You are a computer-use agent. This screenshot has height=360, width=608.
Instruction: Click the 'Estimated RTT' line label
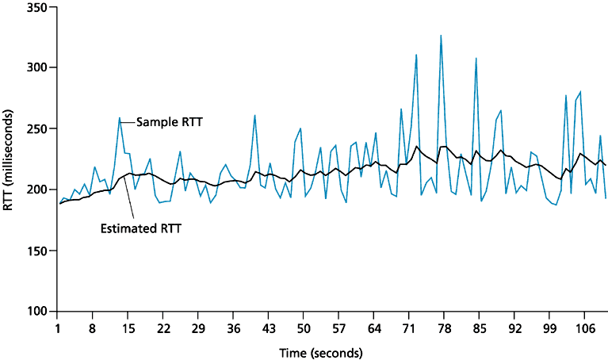tap(139, 230)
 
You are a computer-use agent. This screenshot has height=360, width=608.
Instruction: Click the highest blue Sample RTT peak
tap(441, 36)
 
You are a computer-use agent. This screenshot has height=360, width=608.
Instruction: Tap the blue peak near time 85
tap(476, 59)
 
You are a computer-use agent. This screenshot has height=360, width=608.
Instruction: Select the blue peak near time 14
tap(120, 118)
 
